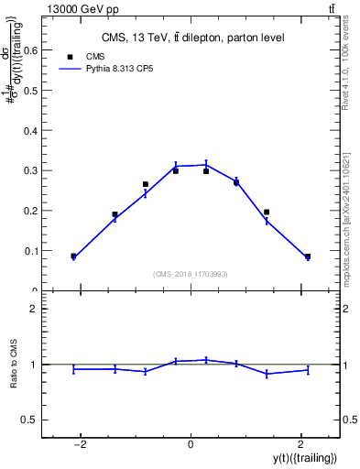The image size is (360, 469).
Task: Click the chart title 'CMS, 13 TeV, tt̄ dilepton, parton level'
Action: coord(191,38)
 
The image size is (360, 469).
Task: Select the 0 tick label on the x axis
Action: coord(191,444)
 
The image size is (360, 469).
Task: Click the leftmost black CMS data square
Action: coord(73,256)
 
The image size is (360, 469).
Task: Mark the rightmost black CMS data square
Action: coord(308,256)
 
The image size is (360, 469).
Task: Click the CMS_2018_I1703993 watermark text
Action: coord(191,274)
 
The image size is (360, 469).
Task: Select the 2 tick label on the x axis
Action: coord(300,444)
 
